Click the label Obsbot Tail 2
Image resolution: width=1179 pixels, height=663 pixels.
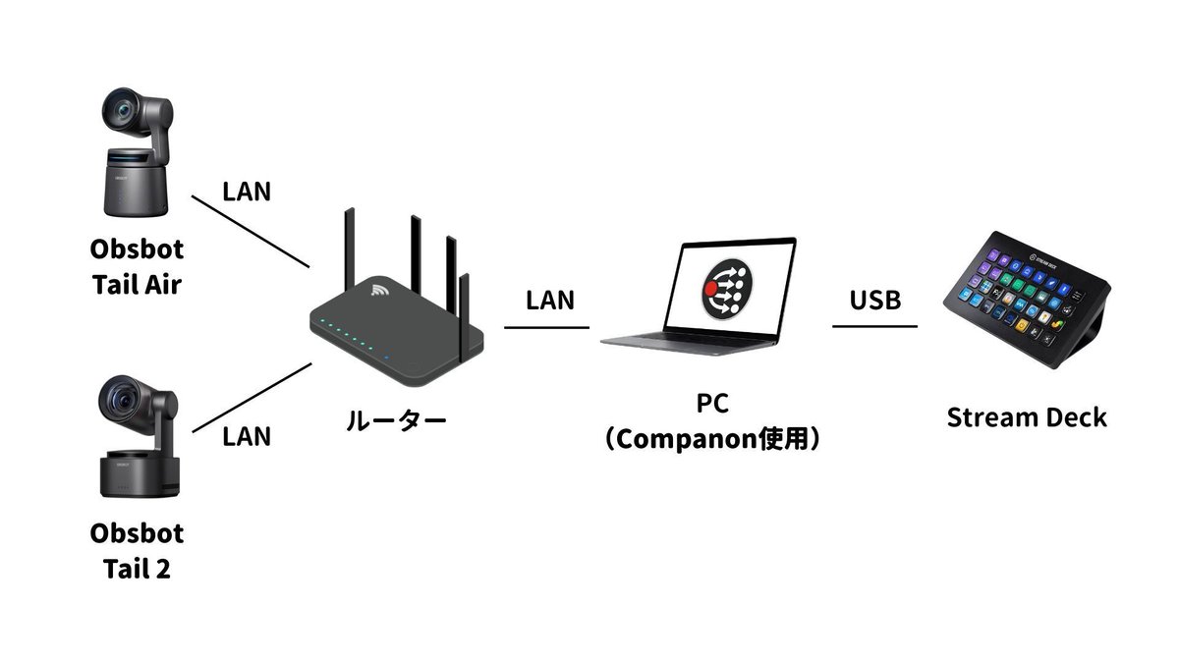[138, 551]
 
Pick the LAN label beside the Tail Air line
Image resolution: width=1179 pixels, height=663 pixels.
[247, 191]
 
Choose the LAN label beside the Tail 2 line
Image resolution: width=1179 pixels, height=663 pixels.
[247, 435]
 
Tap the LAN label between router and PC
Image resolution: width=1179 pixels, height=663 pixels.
[549, 300]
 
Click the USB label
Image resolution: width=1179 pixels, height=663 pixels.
[874, 300]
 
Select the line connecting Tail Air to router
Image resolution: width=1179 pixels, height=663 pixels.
[251, 232]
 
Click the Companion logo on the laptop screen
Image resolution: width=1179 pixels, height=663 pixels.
[727, 286]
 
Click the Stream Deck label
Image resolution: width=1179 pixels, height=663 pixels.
[1027, 416]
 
